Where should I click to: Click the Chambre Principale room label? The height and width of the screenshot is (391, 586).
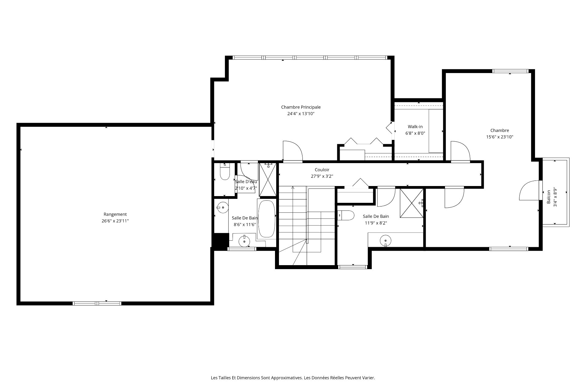[x=301, y=107]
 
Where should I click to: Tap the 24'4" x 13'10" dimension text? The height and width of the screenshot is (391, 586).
[x=301, y=114]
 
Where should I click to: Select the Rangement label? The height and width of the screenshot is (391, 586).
[x=115, y=214]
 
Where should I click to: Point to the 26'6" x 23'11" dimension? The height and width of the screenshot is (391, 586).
[x=115, y=221]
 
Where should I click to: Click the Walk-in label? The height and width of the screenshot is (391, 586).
[x=415, y=127]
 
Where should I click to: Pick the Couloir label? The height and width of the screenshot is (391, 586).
[x=322, y=170]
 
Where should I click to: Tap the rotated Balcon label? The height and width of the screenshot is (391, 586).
[x=548, y=197]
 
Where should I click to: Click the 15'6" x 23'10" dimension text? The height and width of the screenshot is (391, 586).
[x=500, y=137]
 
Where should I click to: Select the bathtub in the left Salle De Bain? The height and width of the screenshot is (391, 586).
[x=267, y=219]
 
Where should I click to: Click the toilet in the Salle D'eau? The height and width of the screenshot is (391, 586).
[x=225, y=172]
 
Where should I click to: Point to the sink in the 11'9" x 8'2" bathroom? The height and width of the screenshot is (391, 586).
[x=386, y=240]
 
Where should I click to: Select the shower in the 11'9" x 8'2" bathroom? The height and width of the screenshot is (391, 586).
[x=412, y=203]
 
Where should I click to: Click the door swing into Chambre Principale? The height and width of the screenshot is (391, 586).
[x=293, y=151]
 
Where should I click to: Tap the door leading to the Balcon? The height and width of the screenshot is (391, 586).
[x=529, y=190]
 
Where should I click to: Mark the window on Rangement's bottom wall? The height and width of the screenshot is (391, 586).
[x=97, y=303]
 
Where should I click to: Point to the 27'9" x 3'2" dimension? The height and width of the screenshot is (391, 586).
[x=322, y=176]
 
